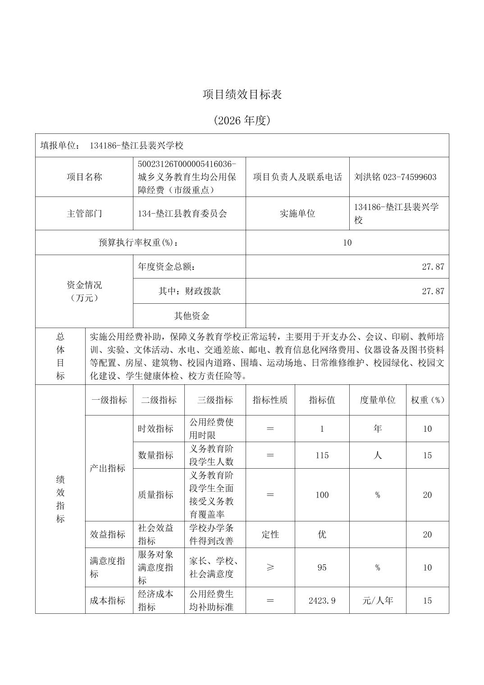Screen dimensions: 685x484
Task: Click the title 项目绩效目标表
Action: [x=242, y=95]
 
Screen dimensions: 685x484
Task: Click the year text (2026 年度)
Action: [x=242, y=120]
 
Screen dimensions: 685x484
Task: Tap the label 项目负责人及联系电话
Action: [x=297, y=177]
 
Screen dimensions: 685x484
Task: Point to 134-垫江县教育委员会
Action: [x=183, y=214]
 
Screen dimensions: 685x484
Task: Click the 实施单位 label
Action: [x=297, y=214]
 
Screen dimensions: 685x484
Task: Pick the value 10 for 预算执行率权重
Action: [x=347, y=242]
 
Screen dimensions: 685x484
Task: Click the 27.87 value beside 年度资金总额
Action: [x=433, y=267]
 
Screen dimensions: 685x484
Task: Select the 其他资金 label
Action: [x=192, y=316]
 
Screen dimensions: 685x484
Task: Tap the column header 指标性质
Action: [x=270, y=400]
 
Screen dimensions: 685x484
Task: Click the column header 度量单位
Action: [x=377, y=400]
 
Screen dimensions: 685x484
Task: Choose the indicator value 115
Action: [x=322, y=456]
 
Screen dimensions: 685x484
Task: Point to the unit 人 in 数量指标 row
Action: [x=377, y=456]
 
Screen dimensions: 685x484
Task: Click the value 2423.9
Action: [x=322, y=601]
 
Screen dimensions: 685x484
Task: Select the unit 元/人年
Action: [x=377, y=601]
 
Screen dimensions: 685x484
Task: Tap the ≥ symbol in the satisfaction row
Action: [x=270, y=568]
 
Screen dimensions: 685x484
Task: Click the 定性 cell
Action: [x=270, y=535]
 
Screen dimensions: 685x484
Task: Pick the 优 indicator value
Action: [x=322, y=535]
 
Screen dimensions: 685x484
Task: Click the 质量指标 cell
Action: [x=155, y=495]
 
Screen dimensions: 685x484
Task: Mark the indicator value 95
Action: [x=322, y=568]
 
